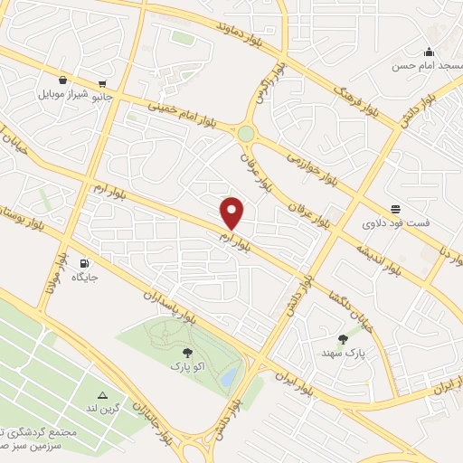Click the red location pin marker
coord(233,213)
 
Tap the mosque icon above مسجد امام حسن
coord(428,52)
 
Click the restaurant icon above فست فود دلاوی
coord(394,207)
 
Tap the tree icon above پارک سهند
coord(343,339)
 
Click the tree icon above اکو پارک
coord(187,354)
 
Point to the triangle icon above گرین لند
coord(103,395)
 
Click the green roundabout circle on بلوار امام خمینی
coord(245,134)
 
